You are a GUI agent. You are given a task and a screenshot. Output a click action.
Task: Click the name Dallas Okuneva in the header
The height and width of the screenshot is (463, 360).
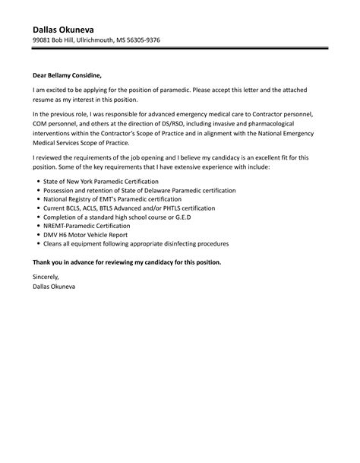(x=68, y=28)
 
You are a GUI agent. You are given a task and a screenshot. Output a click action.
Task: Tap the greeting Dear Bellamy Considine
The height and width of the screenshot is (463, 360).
(x=66, y=75)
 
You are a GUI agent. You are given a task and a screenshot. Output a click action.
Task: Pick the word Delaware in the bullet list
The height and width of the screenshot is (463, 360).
(x=169, y=190)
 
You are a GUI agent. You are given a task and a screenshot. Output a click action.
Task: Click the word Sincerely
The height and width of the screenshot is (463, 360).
(x=47, y=279)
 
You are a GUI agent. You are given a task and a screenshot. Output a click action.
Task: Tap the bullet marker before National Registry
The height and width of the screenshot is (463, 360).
(x=38, y=199)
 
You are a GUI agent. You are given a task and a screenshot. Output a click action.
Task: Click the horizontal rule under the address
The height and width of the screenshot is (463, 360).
(x=179, y=50)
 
